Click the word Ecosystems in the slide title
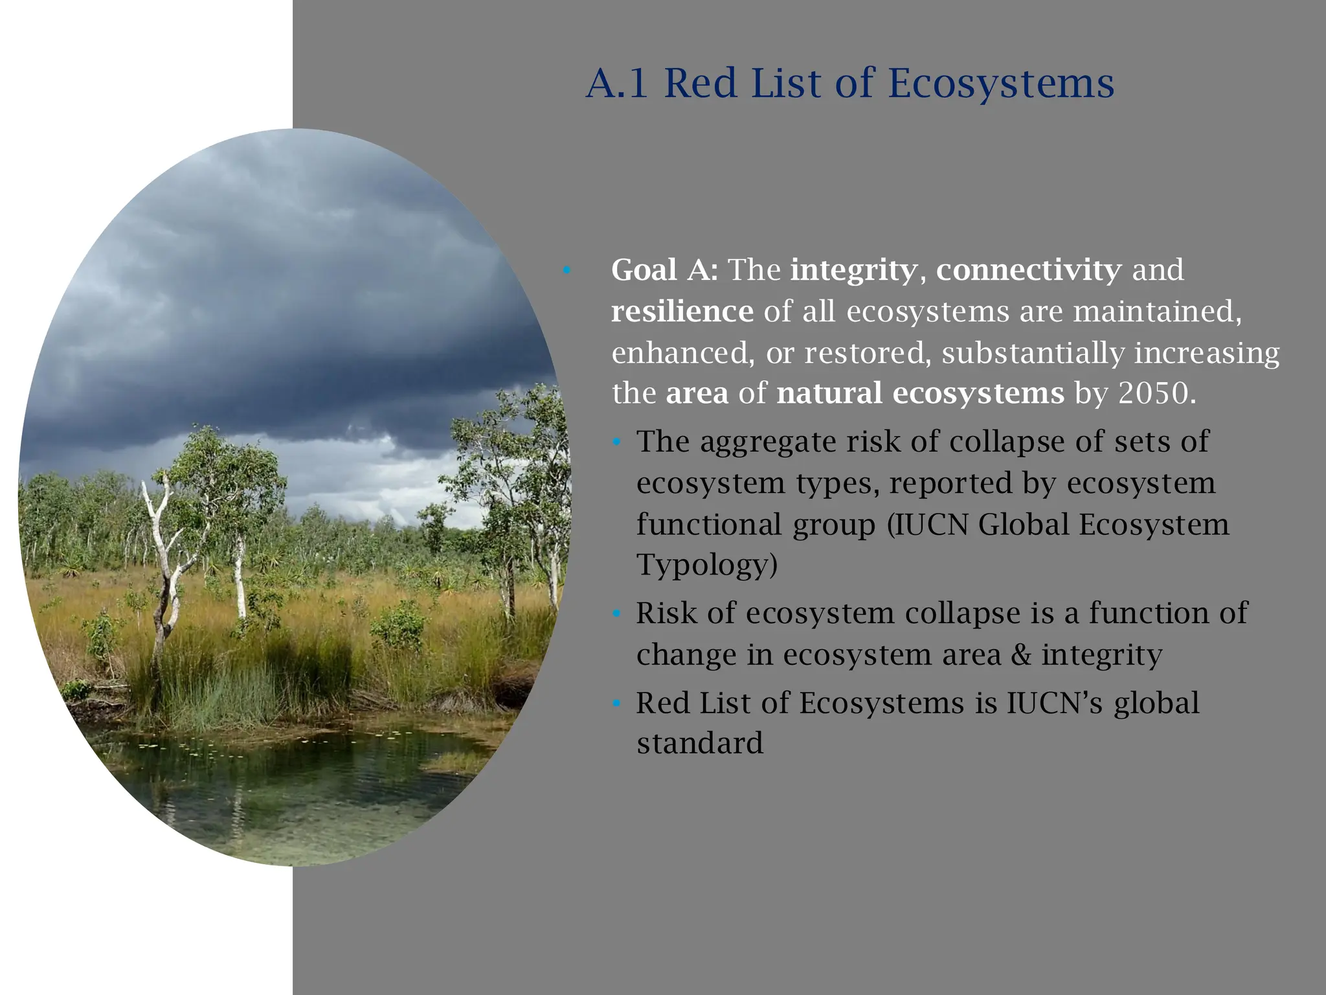pos(1001,84)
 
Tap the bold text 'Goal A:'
pos(664,269)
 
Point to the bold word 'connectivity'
pos(1029,269)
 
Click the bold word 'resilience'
pos(682,311)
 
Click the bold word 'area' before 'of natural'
pos(697,393)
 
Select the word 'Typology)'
pos(706,565)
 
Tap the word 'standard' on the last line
pos(699,743)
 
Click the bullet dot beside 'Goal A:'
pos(567,270)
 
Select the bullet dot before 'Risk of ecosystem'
pos(616,613)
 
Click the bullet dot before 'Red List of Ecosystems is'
pos(616,703)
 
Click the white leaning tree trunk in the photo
pos(162,551)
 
